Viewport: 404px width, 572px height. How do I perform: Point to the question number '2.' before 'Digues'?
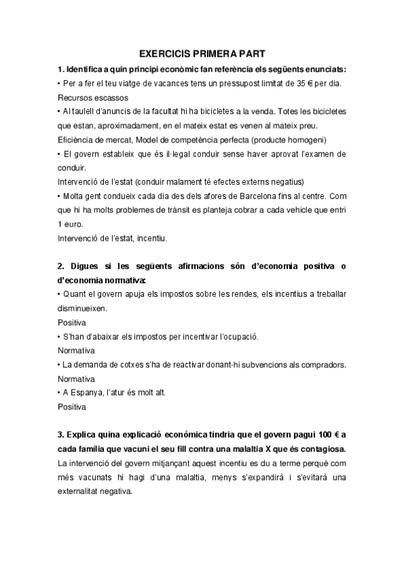point(61,266)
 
